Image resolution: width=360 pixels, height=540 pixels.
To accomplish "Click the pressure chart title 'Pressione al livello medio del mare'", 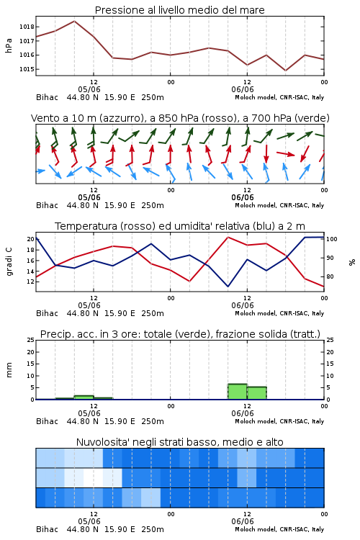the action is (x=179, y=10).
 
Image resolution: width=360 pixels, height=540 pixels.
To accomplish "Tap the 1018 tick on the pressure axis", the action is (x=27, y=27).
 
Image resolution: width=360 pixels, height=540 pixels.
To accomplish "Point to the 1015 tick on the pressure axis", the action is (x=27, y=69).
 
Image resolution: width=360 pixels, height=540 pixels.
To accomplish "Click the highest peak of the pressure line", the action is (x=74, y=21).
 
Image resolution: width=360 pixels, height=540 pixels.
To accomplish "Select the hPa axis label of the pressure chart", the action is (x=9, y=45).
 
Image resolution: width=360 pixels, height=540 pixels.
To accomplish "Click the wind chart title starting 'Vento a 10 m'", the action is (x=180, y=118).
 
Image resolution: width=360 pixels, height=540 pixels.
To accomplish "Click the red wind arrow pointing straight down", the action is (x=266, y=153).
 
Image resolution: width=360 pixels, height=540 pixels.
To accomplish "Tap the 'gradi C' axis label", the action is (x=9, y=262).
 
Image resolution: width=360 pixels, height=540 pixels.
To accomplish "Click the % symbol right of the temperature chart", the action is (x=352, y=262).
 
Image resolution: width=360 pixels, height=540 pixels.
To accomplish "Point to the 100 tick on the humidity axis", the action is (x=332, y=239).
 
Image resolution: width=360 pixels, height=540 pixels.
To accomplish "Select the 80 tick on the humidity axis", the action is (x=330, y=276).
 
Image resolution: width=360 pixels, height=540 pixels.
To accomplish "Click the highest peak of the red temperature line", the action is (x=228, y=237).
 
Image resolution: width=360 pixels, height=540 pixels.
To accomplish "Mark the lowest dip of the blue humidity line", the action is (x=228, y=286).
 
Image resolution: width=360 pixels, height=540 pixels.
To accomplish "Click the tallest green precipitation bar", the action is (x=238, y=392).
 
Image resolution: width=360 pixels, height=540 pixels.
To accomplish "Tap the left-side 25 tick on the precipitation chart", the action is (x=31, y=340).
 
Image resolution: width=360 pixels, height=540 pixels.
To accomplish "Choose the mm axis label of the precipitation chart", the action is (x=9, y=369).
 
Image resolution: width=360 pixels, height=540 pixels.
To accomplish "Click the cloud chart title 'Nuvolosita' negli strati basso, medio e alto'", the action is (x=179, y=442).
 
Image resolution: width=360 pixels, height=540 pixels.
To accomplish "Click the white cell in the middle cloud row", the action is (x=93, y=477).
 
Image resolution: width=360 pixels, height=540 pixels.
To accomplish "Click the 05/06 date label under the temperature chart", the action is (x=89, y=305).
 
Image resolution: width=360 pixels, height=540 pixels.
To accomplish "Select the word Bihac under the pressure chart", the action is (x=48, y=97).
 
